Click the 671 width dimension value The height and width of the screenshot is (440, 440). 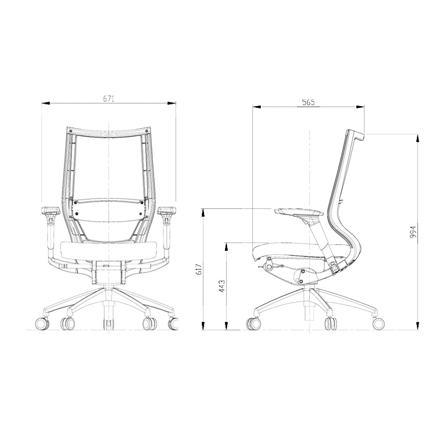pos(108,98)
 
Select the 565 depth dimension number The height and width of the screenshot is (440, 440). pos(308,102)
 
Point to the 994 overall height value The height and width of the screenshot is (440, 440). pos(414,232)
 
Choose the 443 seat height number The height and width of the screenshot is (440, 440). pos(222,286)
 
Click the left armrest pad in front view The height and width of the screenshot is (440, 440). pos(51,210)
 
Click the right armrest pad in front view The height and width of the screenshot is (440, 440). pos(167,210)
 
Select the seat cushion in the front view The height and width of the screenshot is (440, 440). pos(108,250)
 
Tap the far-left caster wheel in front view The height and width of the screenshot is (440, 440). pos(42,323)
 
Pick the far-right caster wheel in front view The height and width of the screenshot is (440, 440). pos(173,323)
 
